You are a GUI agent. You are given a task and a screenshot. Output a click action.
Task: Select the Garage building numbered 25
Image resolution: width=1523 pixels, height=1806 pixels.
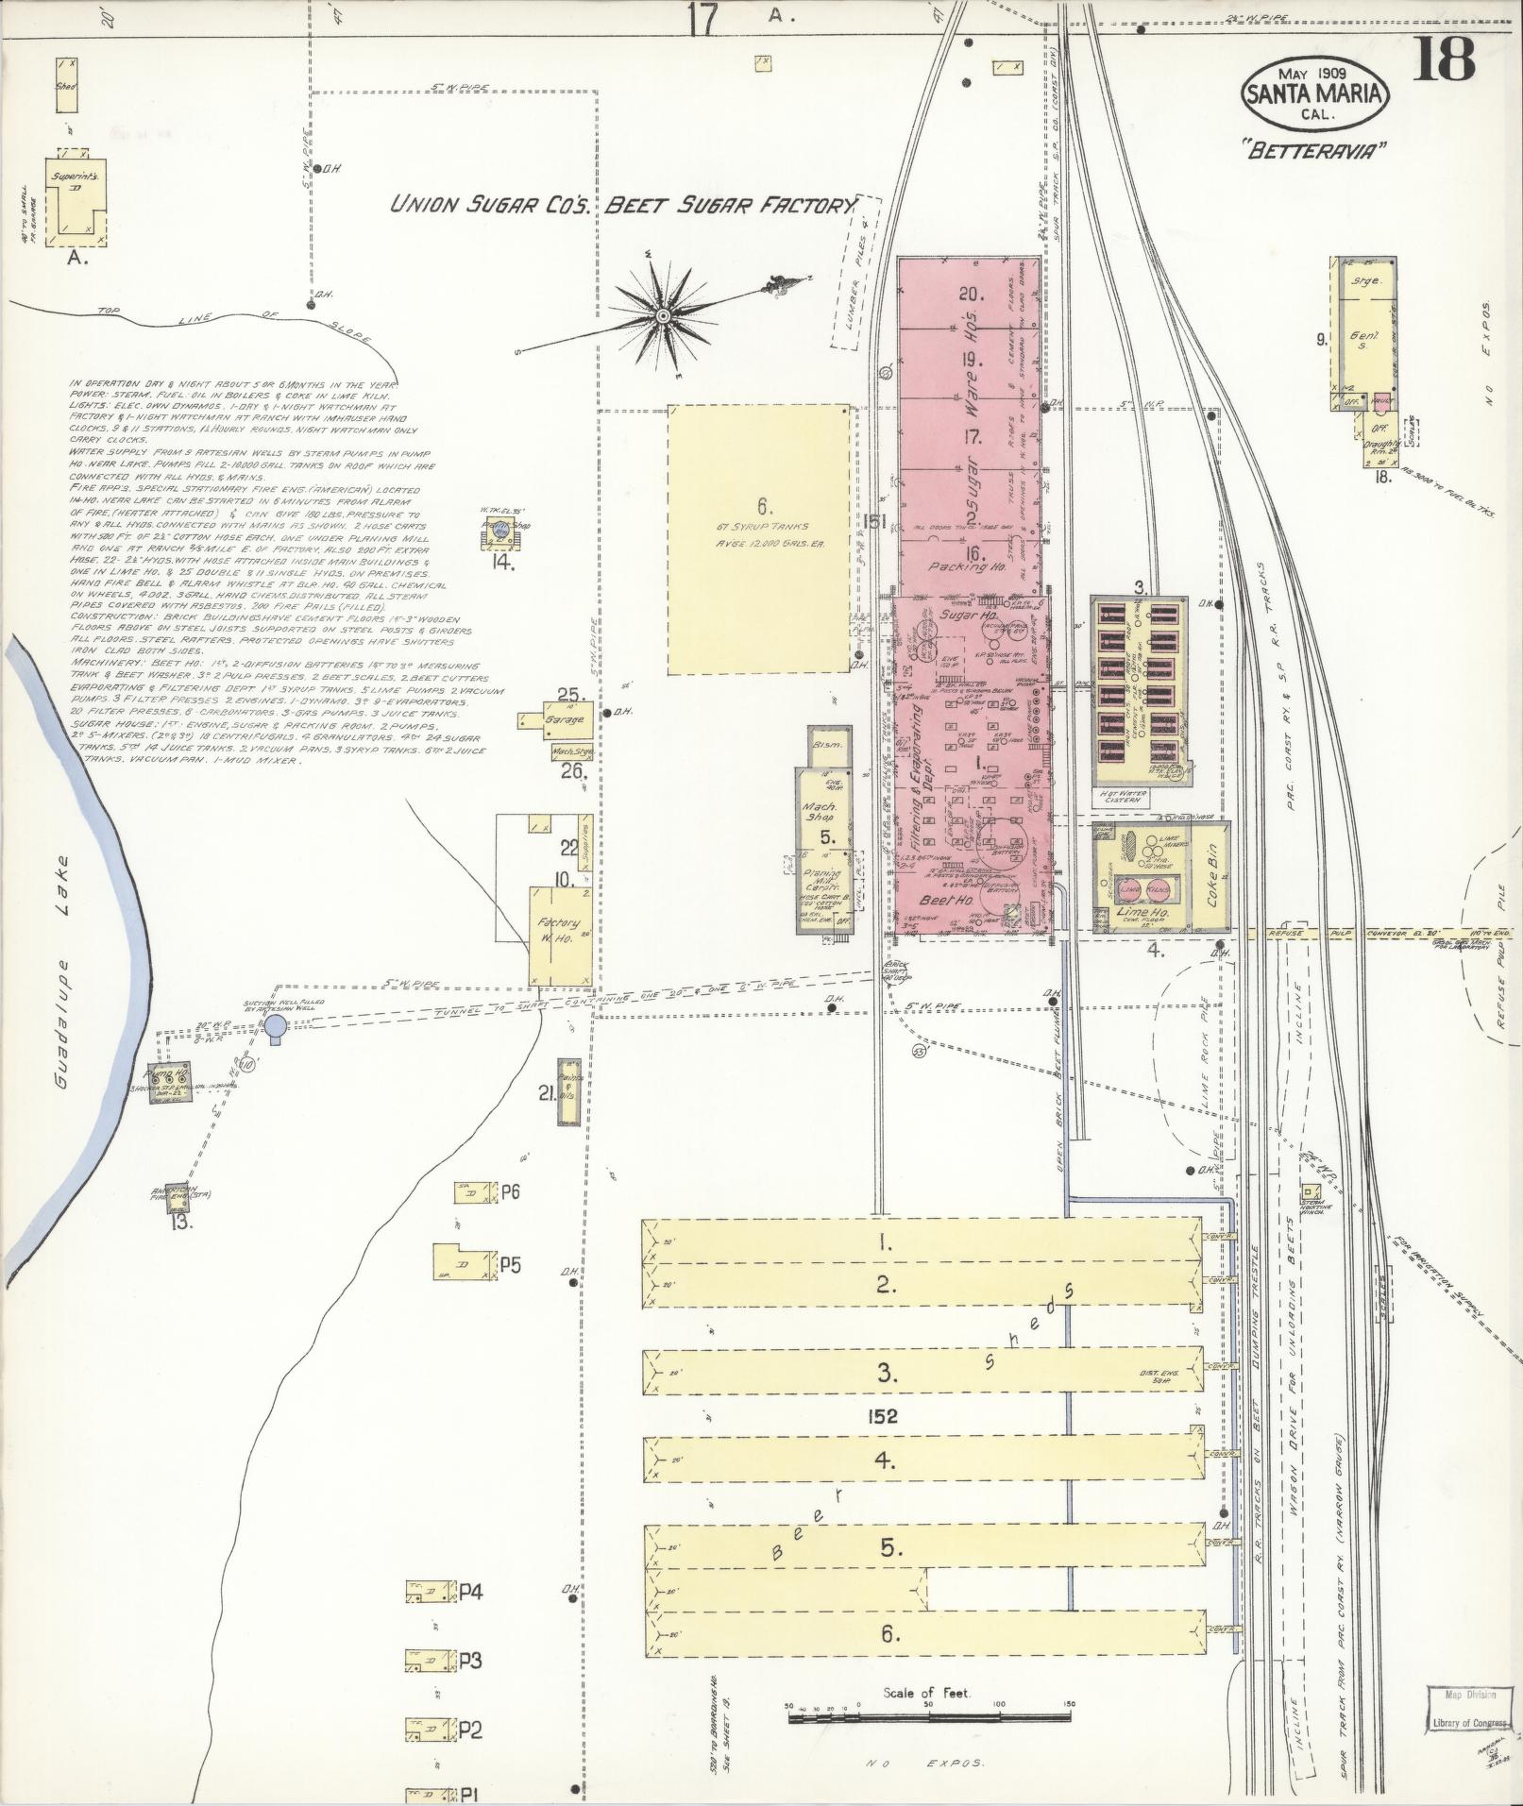coord(565,718)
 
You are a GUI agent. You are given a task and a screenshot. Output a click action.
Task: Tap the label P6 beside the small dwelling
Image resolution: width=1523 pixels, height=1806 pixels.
coord(510,1191)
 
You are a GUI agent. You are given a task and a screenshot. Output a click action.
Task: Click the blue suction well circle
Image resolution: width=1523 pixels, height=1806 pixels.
coord(275,1025)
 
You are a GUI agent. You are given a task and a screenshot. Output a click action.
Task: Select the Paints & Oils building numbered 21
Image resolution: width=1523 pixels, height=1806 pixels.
coord(568,1092)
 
